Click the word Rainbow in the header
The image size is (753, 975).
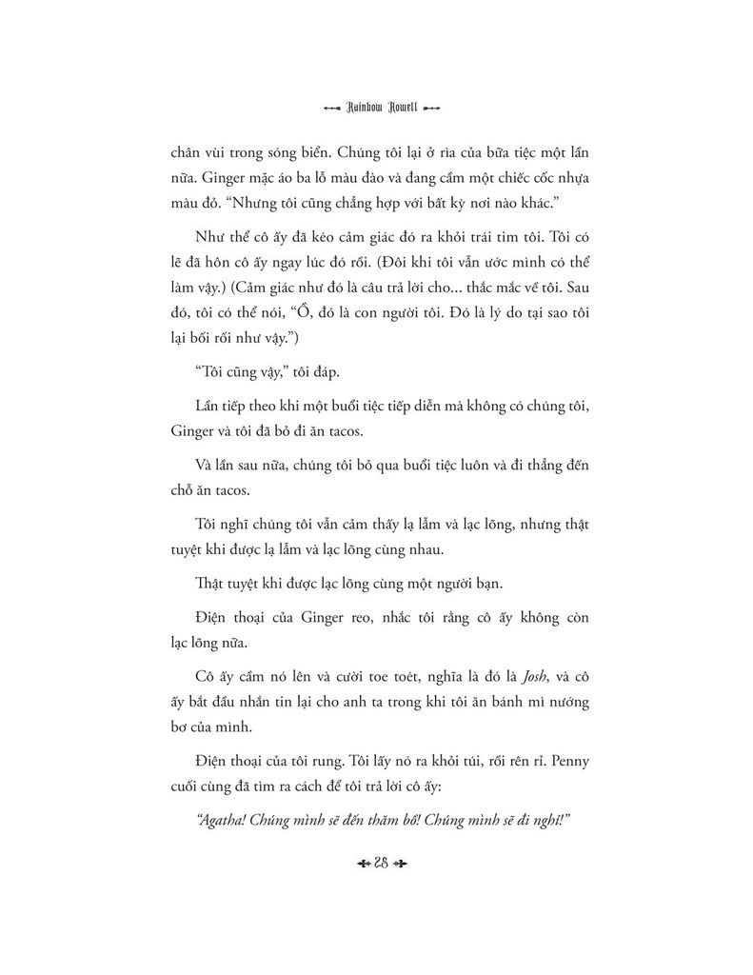pyautogui.click(x=349, y=107)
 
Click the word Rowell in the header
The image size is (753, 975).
pyautogui.click(x=398, y=107)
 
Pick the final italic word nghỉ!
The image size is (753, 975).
pyautogui.click(x=551, y=821)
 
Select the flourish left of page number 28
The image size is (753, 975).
pyautogui.click(x=353, y=865)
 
